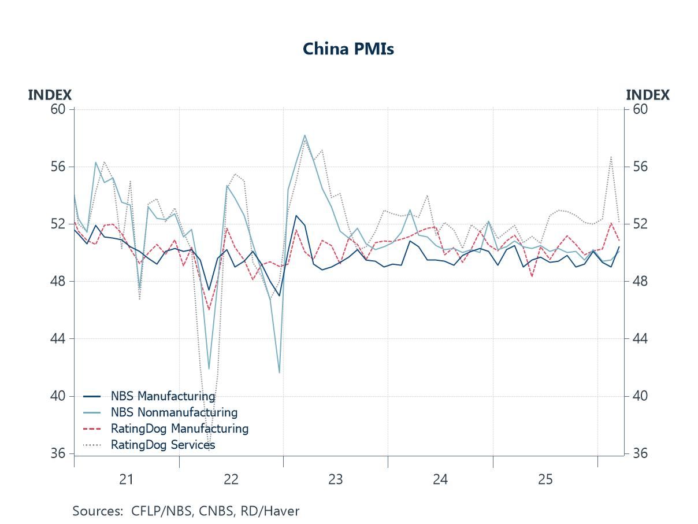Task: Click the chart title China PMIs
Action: [348, 49]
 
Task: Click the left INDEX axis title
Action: [50, 95]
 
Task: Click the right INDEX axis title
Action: [648, 95]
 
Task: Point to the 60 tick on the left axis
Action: [60, 109]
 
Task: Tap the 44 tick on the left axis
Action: [60, 338]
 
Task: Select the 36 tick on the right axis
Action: [638, 453]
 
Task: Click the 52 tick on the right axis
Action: [638, 224]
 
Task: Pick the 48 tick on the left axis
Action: [60, 281]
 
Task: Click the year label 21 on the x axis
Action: [126, 479]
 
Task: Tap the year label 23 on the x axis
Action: [336, 479]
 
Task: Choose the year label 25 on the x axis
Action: [545, 479]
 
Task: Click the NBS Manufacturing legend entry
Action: [162, 396]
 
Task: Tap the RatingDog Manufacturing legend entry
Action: [179, 429]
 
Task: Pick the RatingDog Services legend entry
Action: [162, 445]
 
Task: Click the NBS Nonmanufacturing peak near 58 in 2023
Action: [305, 135]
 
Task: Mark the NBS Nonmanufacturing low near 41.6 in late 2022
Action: [279, 372]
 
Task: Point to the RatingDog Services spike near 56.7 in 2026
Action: [611, 157]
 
